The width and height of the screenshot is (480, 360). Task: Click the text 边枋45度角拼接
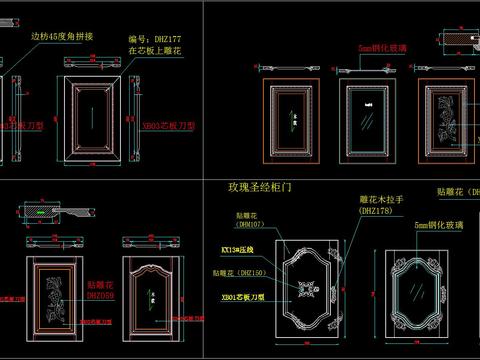[x=61, y=37]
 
